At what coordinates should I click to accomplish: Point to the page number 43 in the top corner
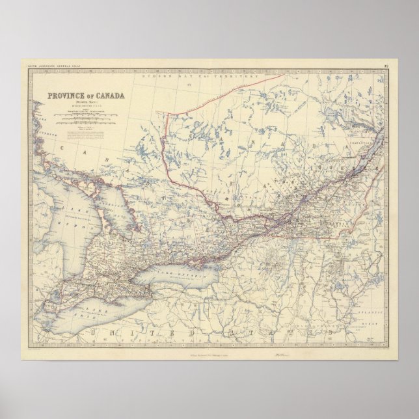(x=386, y=64)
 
